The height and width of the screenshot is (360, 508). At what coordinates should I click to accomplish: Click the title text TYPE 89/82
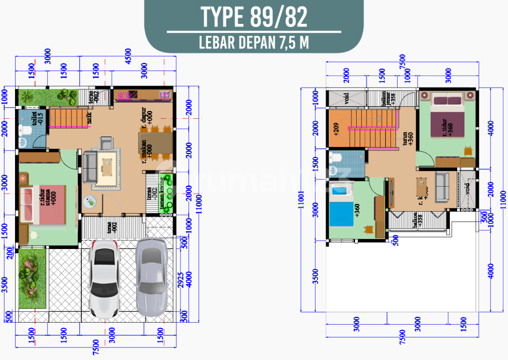pos(253,17)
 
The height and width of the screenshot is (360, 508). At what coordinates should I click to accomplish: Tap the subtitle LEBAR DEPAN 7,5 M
pos(253,42)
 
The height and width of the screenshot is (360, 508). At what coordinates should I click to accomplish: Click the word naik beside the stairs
pos(89,118)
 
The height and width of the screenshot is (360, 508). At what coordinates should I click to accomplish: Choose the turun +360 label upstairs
pos(407,137)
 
